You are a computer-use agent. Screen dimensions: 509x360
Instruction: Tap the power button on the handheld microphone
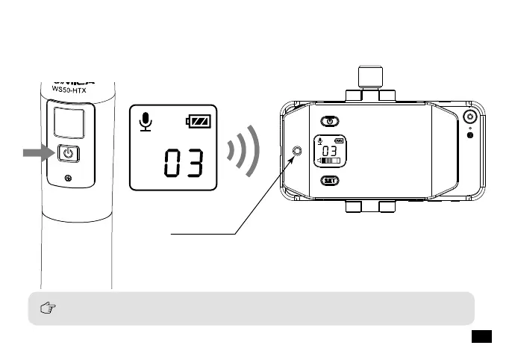click(68, 155)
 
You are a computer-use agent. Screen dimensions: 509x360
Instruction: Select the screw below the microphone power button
click(69, 178)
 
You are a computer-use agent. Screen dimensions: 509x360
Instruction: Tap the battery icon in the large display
click(199, 121)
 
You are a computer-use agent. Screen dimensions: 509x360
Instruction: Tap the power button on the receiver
click(330, 120)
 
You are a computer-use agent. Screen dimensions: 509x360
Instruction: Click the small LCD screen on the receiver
click(330, 150)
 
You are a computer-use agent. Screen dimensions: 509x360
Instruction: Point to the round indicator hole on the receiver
click(299, 152)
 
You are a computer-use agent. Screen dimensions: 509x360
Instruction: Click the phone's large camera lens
click(470, 117)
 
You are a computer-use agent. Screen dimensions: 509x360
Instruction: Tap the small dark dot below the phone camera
click(469, 134)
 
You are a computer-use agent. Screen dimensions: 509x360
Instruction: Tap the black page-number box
click(481, 337)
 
